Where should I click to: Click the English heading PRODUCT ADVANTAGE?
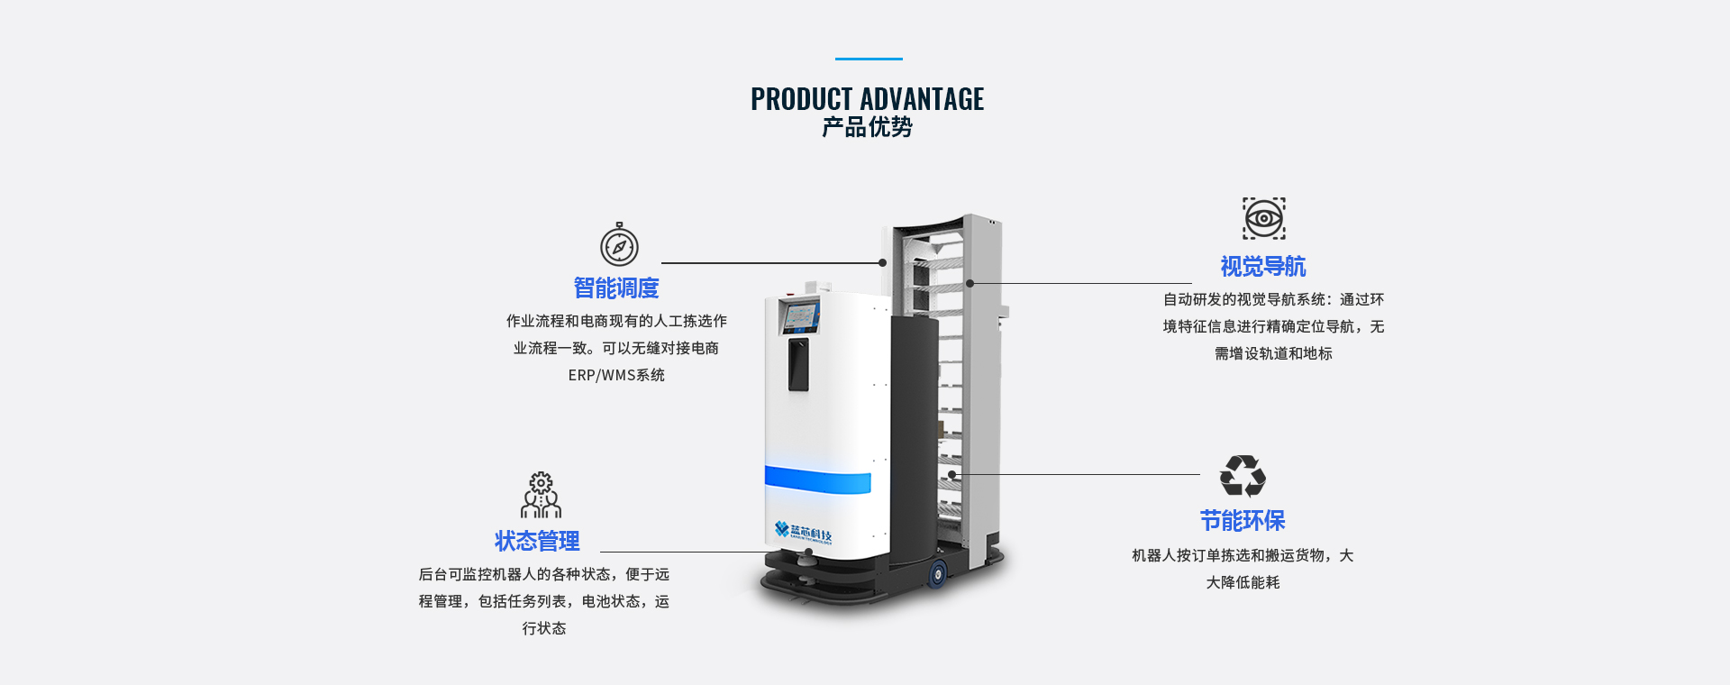tap(867, 99)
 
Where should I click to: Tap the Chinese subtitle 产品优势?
tap(867, 127)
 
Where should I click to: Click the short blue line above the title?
tap(869, 59)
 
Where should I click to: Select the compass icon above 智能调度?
tap(619, 245)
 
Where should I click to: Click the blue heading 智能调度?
tap(616, 288)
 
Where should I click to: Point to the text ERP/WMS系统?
tap(616, 375)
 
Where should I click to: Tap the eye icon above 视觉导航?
tap(1263, 218)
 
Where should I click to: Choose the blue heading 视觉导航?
tap(1262, 267)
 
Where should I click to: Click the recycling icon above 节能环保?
tap(1243, 476)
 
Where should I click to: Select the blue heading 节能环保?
tap(1242, 521)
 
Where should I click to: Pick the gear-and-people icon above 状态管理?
tap(541, 495)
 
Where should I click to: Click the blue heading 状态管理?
tap(537, 541)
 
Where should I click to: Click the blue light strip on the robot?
tap(817, 479)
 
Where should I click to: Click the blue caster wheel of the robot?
tap(938, 572)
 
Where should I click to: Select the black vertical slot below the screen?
tap(798, 364)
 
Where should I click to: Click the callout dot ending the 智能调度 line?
tap(883, 263)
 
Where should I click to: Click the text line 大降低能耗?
tap(1243, 582)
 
